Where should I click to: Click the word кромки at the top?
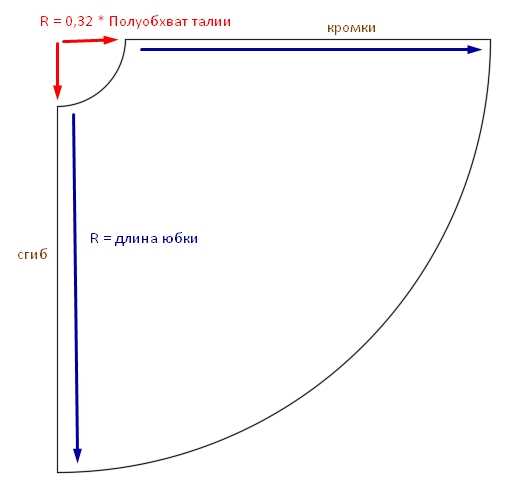(x=351, y=28)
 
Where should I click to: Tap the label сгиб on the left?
(x=32, y=255)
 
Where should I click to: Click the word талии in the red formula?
(x=211, y=22)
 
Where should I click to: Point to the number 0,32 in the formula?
(x=79, y=22)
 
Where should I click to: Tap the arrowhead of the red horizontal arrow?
(x=110, y=40)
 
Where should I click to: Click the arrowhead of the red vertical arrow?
(x=58, y=92)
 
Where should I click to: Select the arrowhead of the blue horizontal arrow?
(x=475, y=50)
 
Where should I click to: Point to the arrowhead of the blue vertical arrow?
(x=77, y=455)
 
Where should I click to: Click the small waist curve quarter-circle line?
(x=105, y=87)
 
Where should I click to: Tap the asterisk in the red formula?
(x=101, y=19)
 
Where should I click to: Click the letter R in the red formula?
(x=44, y=22)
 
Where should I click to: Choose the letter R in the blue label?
(x=94, y=239)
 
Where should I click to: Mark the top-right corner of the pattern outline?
(x=490, y=39)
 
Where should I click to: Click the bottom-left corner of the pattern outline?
(x=58, y=472)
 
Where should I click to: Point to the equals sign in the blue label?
(x=107, y=239)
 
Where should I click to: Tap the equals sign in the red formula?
(x=57, y=22)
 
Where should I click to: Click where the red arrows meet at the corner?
(x=59, y=42)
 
